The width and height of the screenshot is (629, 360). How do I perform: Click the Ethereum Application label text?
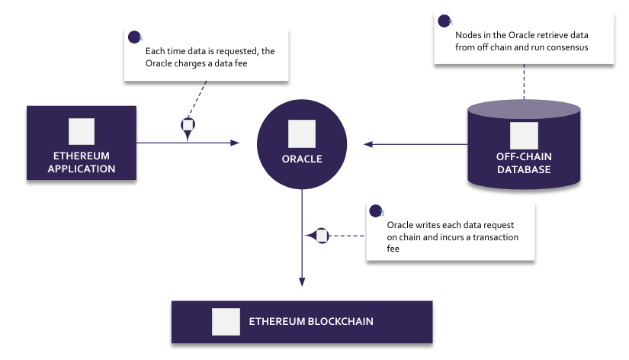(x=82, y=162)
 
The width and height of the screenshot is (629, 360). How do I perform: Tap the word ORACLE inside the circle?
(x=301, y=159)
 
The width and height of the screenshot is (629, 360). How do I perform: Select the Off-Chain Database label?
(x=523, y=163)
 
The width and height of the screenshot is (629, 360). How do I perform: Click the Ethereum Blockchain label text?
(x=311, y=321)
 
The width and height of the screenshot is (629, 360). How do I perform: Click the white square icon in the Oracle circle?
(x=301, y=133)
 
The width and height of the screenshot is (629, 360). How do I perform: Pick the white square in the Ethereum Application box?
(x=82, y=132)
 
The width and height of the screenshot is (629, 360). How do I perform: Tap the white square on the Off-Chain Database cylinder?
(x=523, y=135)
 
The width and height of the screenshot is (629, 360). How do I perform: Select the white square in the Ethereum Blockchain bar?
(x=225, y=321)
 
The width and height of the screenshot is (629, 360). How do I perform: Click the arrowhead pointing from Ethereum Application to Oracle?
(x=236, y=143)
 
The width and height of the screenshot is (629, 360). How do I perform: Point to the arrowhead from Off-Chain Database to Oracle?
(x=367, y=143)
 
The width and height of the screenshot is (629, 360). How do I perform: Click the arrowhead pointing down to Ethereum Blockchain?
(x=302, y=282)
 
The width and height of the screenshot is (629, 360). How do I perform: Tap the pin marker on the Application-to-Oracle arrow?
(x=188, y=127)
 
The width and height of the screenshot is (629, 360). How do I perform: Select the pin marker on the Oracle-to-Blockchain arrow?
(x=319, y=236)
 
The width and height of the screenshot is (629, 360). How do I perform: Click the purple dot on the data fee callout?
(x=135, y=36)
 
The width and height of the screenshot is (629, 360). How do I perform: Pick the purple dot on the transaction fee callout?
(x=375, y=211)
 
